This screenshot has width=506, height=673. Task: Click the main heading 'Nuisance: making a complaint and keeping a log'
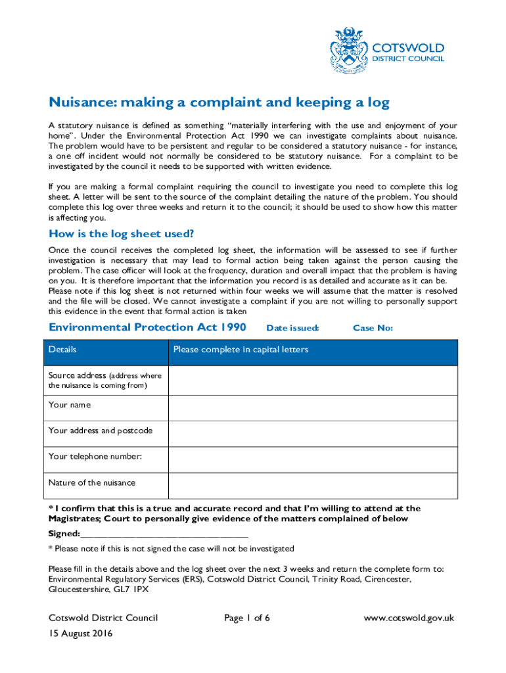(219, 103)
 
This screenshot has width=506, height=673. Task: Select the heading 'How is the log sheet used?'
(122, 235)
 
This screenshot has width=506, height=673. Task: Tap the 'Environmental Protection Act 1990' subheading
(147, 327)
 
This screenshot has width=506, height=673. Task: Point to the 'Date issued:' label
(292, 328)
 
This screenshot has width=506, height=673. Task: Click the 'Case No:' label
(373, 328)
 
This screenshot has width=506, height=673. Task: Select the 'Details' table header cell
(62, 350)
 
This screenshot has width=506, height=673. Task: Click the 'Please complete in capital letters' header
(241, 350)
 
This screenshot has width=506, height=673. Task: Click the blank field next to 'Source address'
(313, 381)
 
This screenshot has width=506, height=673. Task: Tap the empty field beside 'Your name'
(313, 407)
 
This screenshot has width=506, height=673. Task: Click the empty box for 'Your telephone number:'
(313, 459)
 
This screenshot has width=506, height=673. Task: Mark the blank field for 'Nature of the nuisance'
(313, 486)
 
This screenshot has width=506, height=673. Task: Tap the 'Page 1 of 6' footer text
(247, 618)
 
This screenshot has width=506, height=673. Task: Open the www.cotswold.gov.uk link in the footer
(409, 618)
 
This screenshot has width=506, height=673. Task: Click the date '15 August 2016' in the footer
(81, 634)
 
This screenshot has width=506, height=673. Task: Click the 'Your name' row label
(70, 405)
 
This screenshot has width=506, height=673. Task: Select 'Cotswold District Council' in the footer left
(103, 618)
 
